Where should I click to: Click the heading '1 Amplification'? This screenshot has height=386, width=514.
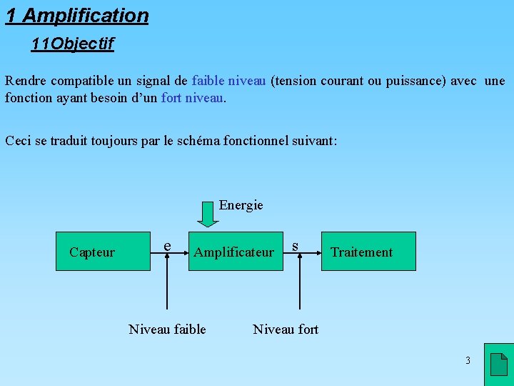click(x=77, y=16)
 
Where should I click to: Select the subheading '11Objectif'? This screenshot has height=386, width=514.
click(x=72, y=44)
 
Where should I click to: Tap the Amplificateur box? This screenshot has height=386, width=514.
click(x=235, y=252)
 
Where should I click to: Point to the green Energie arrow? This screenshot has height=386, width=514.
click(x=208, y=214)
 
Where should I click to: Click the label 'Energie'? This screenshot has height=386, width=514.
click(x=241, y=205)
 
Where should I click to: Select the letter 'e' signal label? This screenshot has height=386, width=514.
click(x=167, y=246)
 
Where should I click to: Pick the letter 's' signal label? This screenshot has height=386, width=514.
click(x=294, y=246)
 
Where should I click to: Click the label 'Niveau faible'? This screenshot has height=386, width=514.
click(x=167, y=329)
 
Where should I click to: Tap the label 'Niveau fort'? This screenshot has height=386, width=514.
click(x=286, y=329)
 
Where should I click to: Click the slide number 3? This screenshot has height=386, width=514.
click(x=468, y=360)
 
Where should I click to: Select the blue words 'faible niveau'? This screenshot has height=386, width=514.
click(x=228, y=81)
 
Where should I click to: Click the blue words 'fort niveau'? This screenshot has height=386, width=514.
click(x=193, y=98)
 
